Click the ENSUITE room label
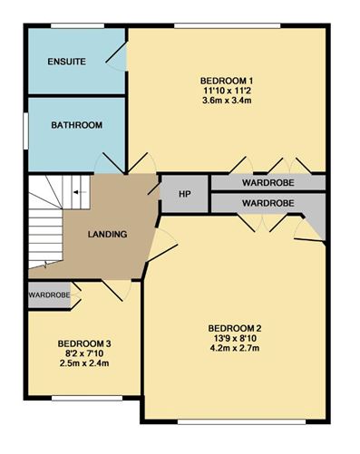pyautogui.click(x=67, y=62)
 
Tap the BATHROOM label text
pyautogui.click(x=76, y=125)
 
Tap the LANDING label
pyautogui.click(x=107, y=235)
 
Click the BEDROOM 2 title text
pyautogui.click(x=234, y=327)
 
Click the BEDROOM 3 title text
pyautogui.click(x=84, y=343)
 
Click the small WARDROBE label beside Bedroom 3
pyautogui.click(x=49, y=295)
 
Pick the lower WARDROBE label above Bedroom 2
pyautogui.click(x=267, y=203)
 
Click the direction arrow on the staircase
pyautogui.click(x=76, y=192)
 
